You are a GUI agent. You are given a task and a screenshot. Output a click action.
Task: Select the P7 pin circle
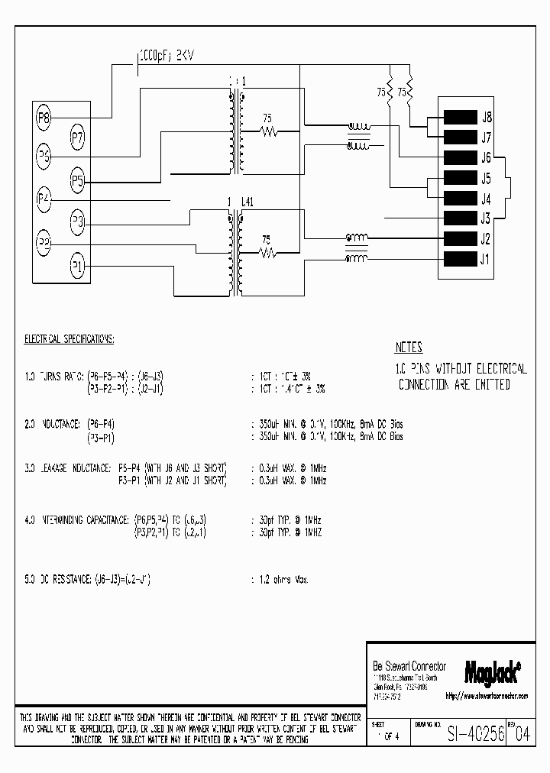[77, 137]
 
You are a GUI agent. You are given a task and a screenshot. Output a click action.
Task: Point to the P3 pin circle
[77, 223]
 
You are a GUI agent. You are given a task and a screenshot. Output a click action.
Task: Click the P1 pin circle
[77, 266]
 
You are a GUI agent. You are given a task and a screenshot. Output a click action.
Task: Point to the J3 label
[485, 218]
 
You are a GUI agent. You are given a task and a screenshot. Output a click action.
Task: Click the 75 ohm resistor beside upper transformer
[268, 131]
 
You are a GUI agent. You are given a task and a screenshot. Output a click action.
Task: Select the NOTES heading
[409, 348]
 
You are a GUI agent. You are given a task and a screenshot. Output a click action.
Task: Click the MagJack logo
[493, 671]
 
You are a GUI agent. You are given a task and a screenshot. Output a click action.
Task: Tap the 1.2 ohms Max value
[283, 581]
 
